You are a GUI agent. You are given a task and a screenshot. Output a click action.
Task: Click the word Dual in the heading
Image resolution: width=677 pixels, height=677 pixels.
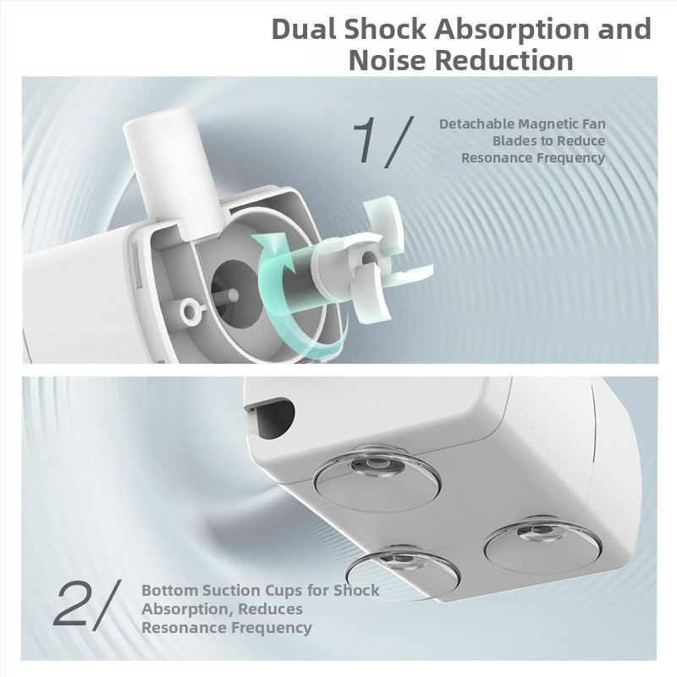click(x=303, y=29)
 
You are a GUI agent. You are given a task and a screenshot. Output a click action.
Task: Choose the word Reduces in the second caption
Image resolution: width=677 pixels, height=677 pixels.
click(x=270, y=609)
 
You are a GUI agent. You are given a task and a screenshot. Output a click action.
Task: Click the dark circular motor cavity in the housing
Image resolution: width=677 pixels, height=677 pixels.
click(x=237, y=290)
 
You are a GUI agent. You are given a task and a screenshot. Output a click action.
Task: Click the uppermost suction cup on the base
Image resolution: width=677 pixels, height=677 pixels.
click(x=377, y=478)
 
